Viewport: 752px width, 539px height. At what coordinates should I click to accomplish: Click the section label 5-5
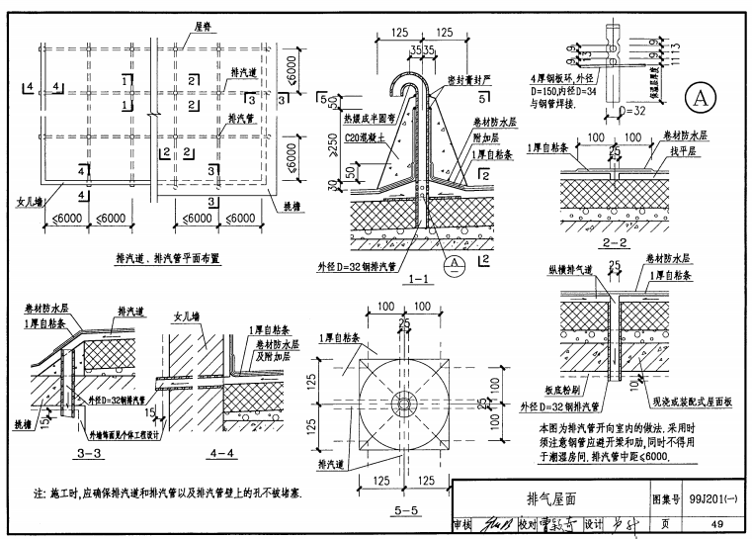coord(405,510)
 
